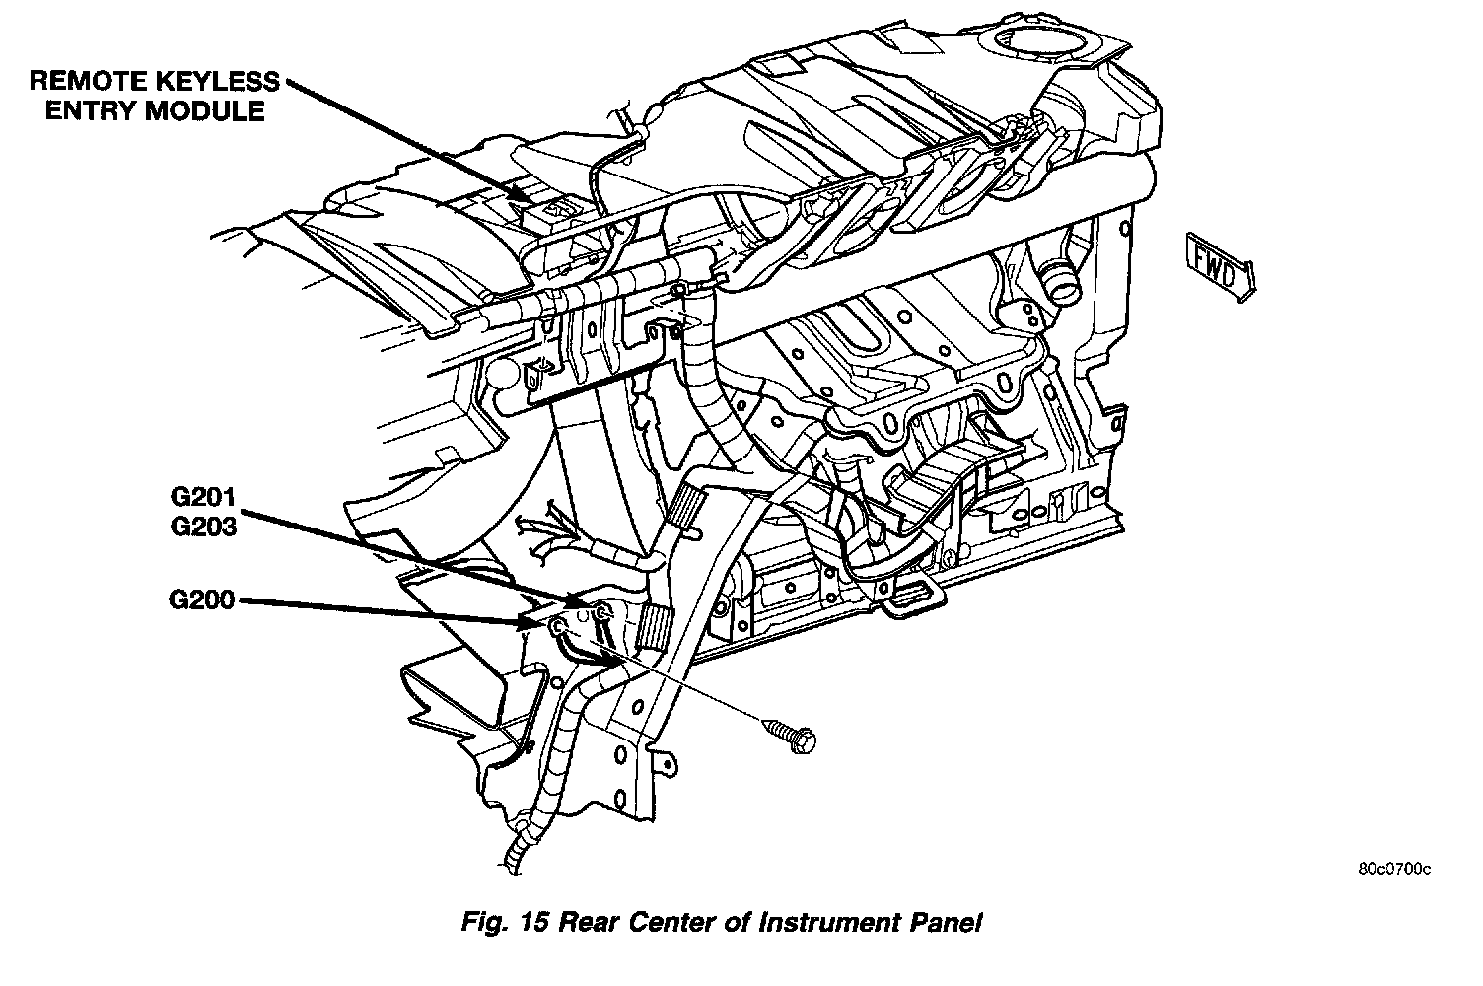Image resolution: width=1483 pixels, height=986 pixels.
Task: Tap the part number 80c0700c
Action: click(x=1393, y=869)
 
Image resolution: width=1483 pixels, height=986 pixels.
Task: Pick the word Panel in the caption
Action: click(x=946, y=924)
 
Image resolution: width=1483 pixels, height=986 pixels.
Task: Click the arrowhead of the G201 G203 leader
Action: click(x=586, y=601)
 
